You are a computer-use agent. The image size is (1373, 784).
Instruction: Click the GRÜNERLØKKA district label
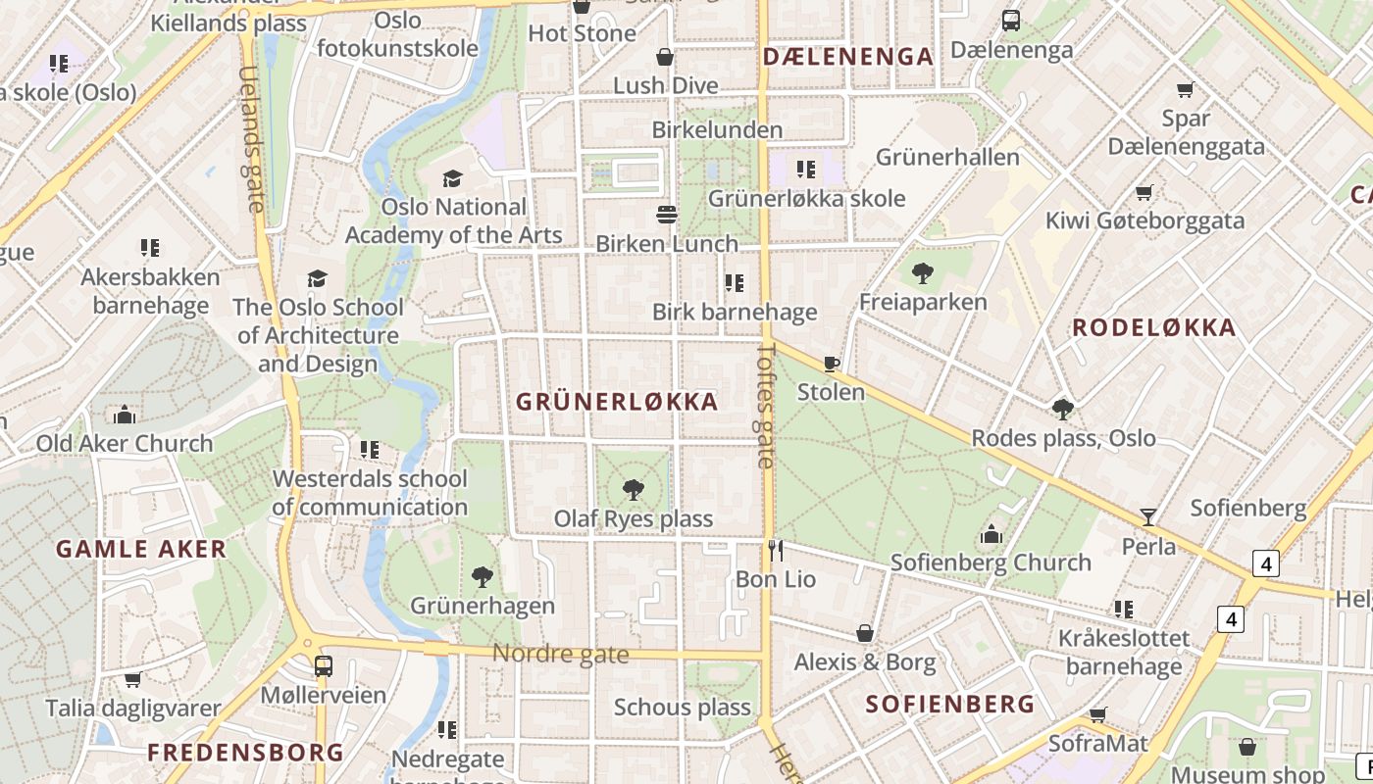[x=617, y=402]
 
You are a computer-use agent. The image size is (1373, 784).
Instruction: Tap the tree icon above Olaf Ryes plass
[x=634, y=489]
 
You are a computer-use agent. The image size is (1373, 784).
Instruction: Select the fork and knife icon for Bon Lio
[x=776, y=551]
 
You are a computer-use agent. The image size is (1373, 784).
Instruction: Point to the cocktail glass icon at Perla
[x=1147, y=516]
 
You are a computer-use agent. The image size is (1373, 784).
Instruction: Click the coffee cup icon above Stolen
[x=832, y=365]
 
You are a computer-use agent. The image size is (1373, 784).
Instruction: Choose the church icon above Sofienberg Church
[x=992, y=534]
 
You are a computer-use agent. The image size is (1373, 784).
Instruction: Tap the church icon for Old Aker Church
[x=124, y=415]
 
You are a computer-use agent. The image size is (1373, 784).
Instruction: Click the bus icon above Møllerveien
[x=323, y=666]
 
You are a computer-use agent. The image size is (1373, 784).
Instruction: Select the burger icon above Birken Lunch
[x=667, y=215]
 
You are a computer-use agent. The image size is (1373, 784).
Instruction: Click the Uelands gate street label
[x=251, y=139]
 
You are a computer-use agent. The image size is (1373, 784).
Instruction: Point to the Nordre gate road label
[x=560, y=654]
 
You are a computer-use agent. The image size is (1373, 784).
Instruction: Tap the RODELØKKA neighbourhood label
[x=1153, y=328]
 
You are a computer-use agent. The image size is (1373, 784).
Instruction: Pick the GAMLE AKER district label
[x=141, y=549]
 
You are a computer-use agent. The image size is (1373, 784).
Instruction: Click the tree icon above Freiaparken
[x=922, y=273]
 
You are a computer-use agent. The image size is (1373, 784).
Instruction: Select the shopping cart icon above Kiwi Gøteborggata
[x=1144, y=192]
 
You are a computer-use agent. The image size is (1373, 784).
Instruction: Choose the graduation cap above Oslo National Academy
[x=452, y=178]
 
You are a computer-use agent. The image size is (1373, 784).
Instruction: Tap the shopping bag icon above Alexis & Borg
[x=865, y=633]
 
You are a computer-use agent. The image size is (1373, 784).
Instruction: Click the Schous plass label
[x=682, y=707]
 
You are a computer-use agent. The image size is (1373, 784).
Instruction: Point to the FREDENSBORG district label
[x=245, y=753]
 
